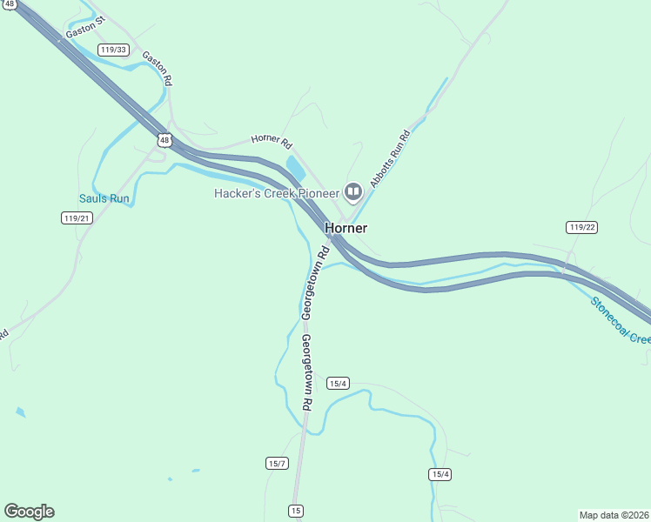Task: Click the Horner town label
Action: [x=346, y=228]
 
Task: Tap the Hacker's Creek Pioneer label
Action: [x=277, y=192]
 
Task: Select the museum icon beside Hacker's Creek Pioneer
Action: [x=353, y=191]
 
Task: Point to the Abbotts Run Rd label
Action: [x=389, y=158]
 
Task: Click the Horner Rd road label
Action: [x=272, y=144]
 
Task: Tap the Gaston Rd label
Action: [x=158, y=68]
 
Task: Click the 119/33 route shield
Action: [x=112, y=50]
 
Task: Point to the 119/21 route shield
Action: [x=76, y=217]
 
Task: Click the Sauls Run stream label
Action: [x=104, y=198]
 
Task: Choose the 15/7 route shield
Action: [x=277, y=463]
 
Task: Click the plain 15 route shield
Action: [x=297, y=510]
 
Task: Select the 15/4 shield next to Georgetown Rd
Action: [x=338, y=383]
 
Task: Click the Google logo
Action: [x=29, y=512]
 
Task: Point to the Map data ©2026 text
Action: [x=614, y=514]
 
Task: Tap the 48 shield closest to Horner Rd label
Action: [x=164, y=139]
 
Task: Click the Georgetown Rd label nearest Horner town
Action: [x=313, y=280]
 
